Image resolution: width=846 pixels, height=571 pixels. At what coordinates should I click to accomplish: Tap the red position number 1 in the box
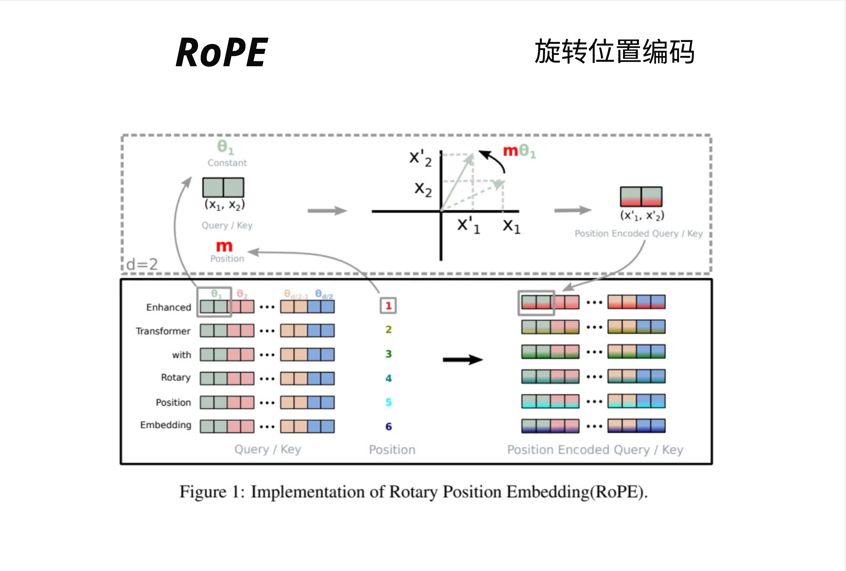[x=388, y=306]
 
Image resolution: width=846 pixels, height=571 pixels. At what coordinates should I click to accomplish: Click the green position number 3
[x=388, y=354]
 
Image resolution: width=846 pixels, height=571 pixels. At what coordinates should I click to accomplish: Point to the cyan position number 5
[x=388, y=402]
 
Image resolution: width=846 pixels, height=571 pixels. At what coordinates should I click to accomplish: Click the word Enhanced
[x=169, y=308]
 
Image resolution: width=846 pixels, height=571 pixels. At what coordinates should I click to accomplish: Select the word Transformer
[x=163, y=331]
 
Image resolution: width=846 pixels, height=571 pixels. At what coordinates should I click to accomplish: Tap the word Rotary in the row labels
[x=176, y=377]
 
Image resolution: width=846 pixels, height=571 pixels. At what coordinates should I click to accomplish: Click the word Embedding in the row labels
[x=166, y=425]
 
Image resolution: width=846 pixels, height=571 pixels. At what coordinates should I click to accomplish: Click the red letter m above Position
[x=224, y=246]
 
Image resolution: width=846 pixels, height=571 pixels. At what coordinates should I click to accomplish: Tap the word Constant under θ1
[x=227, y=163]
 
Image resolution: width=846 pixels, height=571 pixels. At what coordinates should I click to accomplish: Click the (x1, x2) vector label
[x=225, y=205]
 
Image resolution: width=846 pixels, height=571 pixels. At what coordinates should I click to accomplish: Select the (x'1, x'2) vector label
[x=642, y=215]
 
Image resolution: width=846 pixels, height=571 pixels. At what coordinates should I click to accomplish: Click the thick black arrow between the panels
[x=462, y=360]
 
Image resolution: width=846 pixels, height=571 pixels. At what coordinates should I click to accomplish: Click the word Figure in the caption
[x=203, y=492]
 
